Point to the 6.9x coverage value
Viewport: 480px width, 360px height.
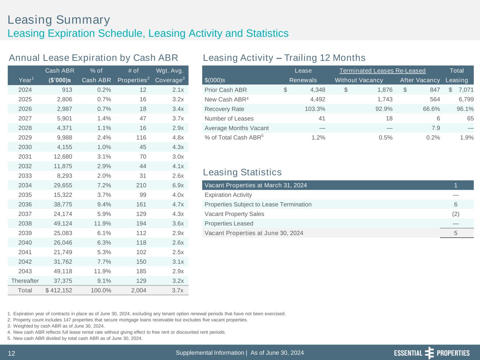[178, 185]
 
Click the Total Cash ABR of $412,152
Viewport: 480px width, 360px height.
[59, 290]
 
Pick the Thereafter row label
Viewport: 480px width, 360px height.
[25, 281]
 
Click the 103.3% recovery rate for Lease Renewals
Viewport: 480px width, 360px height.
[315, 109]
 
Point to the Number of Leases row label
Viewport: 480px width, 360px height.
[229, 118]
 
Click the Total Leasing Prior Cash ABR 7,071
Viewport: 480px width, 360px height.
[466, 90]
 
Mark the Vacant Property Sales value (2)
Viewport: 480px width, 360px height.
[455, 214]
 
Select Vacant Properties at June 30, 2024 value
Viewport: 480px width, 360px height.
[456, 233]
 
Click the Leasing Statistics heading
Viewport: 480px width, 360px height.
[242, 172]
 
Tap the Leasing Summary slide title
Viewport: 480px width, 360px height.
[59, 20]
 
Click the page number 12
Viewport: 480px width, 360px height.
[11, 353]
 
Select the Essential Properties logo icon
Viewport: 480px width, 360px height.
[429, 353]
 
